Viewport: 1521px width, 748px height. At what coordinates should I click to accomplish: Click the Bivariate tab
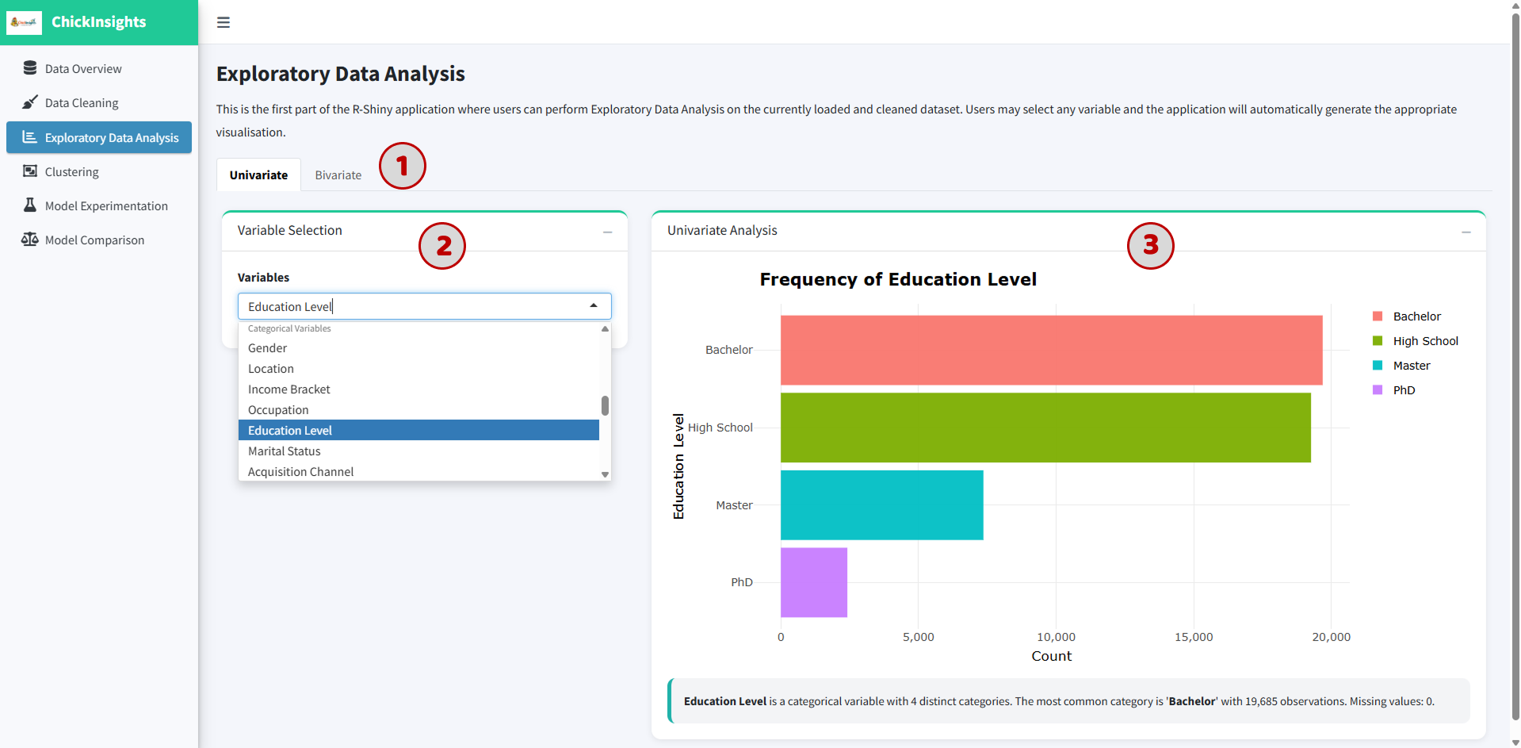338,175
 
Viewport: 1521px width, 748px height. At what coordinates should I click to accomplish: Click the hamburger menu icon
224,22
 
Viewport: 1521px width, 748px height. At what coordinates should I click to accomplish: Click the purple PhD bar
814,582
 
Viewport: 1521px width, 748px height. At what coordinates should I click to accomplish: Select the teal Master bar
882,505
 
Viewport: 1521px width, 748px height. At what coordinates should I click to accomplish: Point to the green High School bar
1045,428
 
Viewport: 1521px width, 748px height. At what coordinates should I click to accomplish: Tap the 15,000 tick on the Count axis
1194,637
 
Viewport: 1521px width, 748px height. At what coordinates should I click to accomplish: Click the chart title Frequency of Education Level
898,279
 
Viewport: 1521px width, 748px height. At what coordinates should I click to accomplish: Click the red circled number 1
403,166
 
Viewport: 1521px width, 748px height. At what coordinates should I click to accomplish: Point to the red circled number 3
1151,245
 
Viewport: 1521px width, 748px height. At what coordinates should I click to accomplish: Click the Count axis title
1051,656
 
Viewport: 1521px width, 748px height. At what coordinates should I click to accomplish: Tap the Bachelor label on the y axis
729,350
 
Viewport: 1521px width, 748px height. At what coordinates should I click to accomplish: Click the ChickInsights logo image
24,22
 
